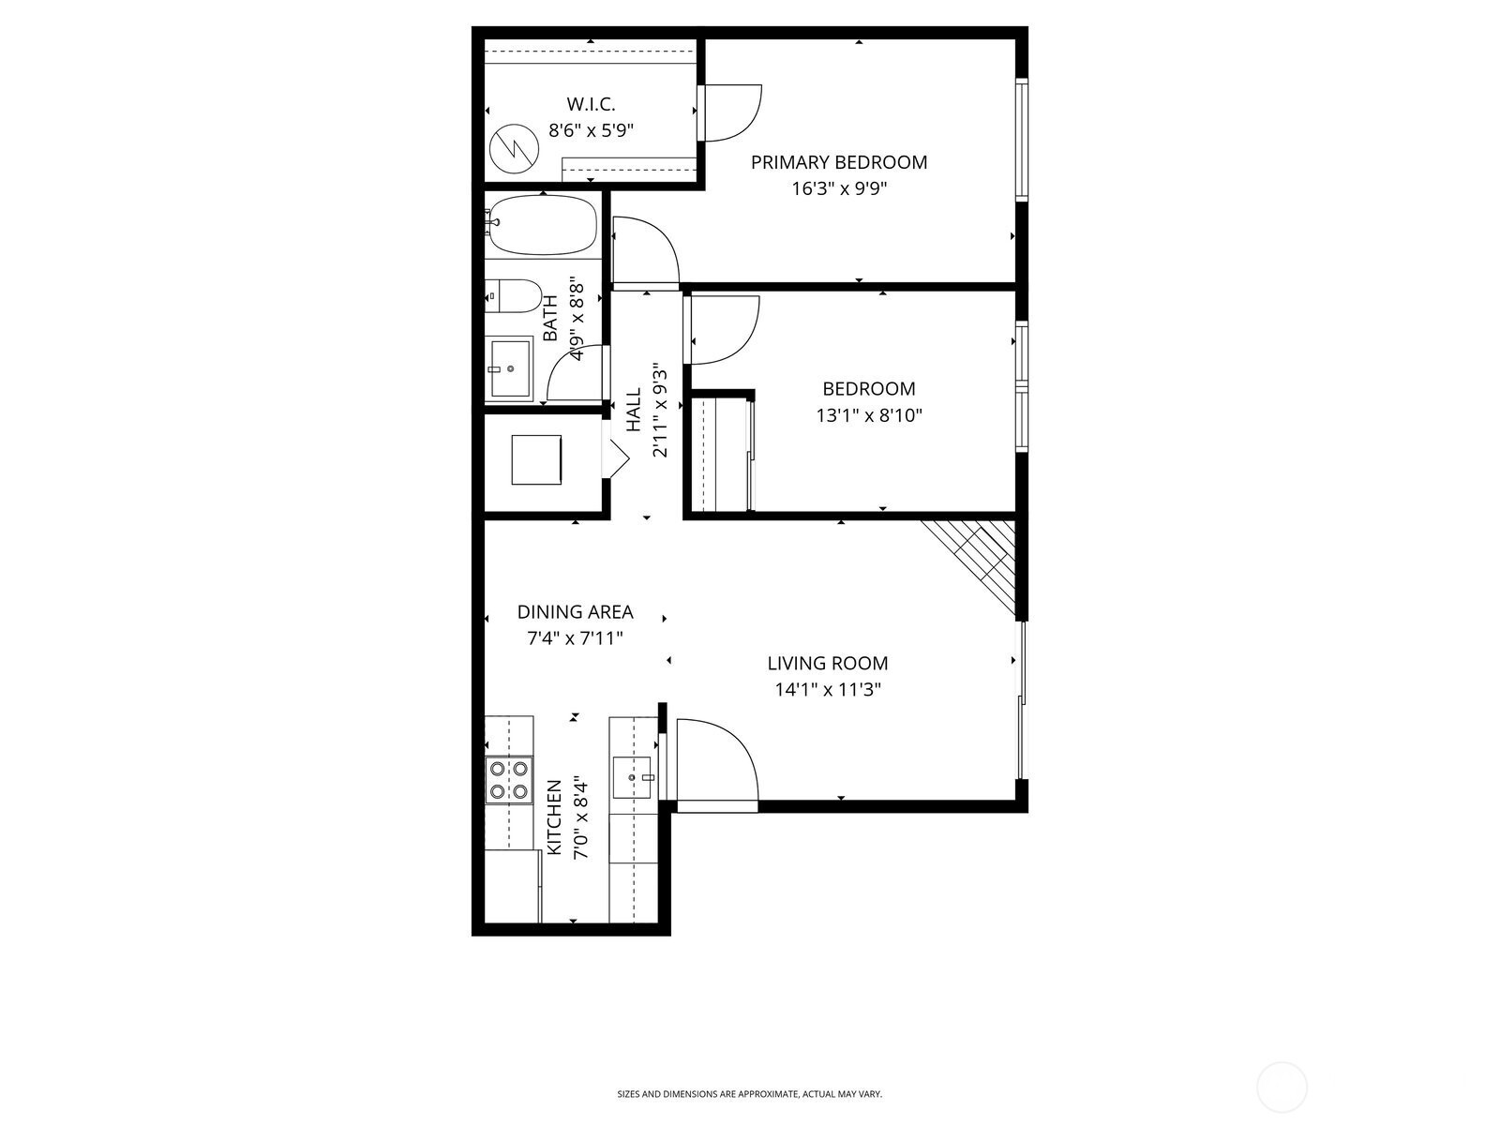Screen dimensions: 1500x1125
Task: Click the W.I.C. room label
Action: (x=591, y=104)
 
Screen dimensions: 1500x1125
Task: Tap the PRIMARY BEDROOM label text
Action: (x=839, y=162)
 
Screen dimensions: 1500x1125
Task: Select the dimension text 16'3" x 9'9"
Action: (x=839, y=188)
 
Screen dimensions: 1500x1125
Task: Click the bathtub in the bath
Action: (x=544, y=225)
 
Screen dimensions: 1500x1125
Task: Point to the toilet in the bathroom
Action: (x=513, y=295)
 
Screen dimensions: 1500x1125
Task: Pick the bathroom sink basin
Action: (x=510, y=367)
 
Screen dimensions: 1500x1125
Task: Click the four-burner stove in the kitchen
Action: (x=509, y=779)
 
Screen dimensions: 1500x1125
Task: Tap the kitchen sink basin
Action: (x=632, y=777)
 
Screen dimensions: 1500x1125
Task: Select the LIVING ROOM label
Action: (x=828, y=663)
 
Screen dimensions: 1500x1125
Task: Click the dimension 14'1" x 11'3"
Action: (x=828, y=690)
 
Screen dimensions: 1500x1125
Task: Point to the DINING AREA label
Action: (x=576, y=612)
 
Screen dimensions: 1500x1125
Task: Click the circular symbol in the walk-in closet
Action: (x=515, y=149)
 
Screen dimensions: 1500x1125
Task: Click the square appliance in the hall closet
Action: (x=536, y=459)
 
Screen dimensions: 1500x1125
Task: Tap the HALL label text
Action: (x=634, y=410)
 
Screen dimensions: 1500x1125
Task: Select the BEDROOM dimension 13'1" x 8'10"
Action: (x=869, y=415)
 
